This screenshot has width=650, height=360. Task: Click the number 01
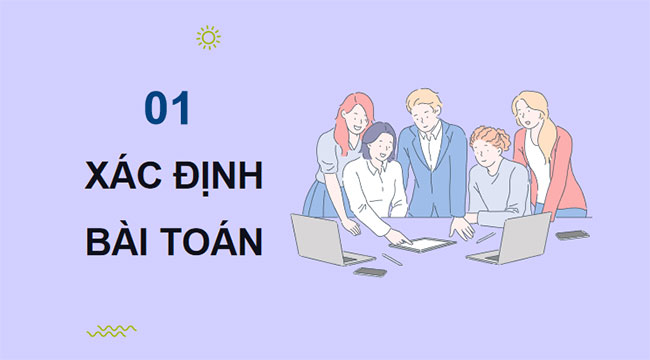click(x=166, y=109)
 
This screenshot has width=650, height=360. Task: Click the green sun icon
click(x=208, y=38)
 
